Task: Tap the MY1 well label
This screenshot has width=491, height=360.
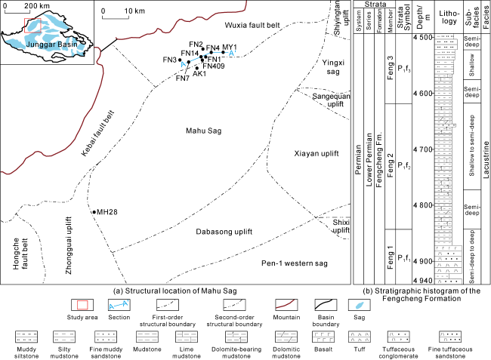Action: [x=230, y=47]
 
